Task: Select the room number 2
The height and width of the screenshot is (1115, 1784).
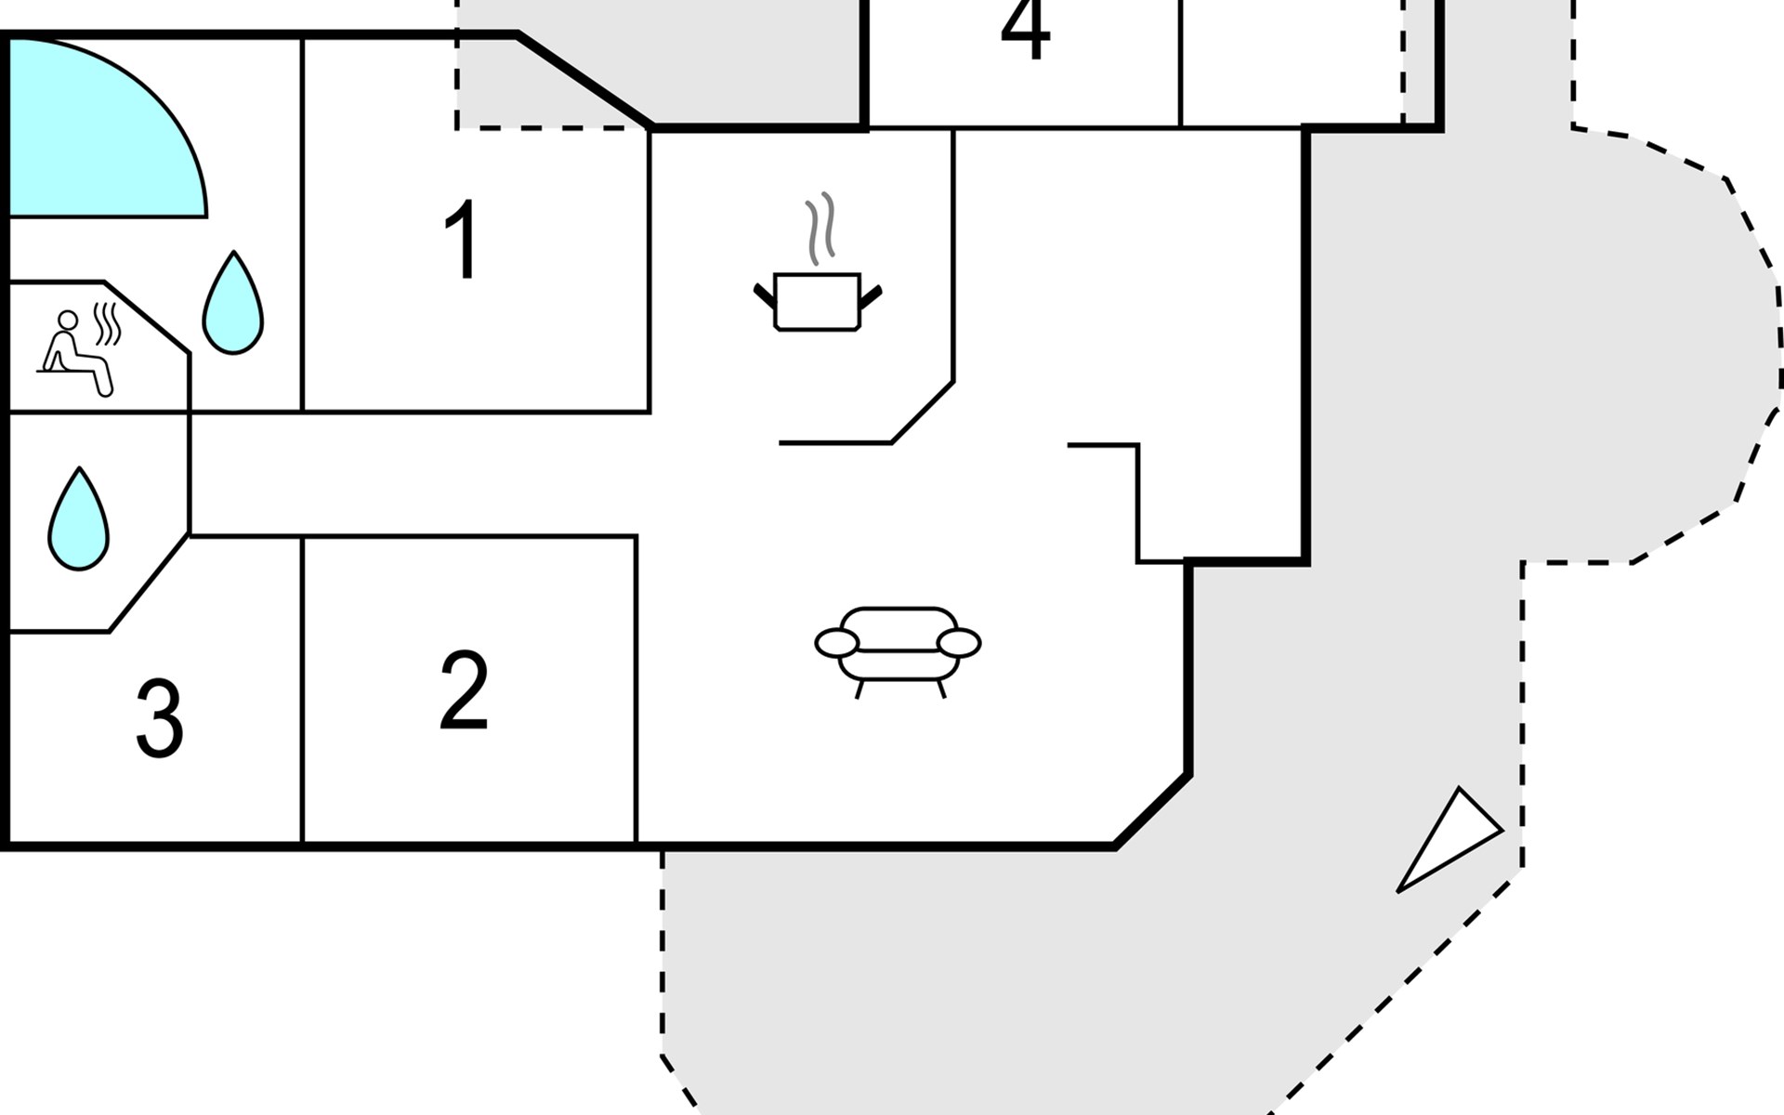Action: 464,689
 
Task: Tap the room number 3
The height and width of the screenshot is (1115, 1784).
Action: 160,718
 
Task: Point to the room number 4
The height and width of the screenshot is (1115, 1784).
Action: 1025,30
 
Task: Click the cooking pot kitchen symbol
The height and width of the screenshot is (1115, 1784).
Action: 818,301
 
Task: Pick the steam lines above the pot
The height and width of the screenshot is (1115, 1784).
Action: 820,228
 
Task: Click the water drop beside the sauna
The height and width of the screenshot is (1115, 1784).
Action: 233,305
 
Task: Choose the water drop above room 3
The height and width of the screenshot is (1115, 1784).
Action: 79,520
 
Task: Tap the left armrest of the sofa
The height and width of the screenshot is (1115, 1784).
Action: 836,642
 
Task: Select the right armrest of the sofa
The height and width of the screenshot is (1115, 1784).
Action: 959,642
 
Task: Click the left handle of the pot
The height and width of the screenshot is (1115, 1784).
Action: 765,296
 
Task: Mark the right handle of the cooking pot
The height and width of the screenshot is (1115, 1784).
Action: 871,296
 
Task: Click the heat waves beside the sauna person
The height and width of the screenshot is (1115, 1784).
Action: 109,323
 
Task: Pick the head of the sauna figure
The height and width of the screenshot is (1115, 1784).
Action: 67,321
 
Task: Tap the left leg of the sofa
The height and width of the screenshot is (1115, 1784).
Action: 859,689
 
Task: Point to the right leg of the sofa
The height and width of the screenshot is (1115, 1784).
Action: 941,689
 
